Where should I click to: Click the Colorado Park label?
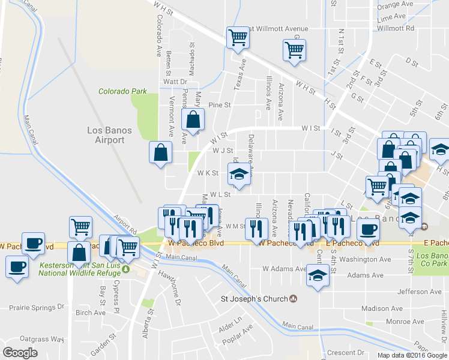[122, 91]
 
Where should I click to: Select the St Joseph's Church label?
[255, 298]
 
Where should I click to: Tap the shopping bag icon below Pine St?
[193, 120]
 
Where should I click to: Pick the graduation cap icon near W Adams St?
[318, 277]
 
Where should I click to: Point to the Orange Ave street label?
[396, 4]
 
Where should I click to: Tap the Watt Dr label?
[175, 82]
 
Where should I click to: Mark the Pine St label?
[219, 105]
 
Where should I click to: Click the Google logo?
[20, 353]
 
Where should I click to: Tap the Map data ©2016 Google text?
[412, 355]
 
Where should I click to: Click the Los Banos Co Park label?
[430, 259]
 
